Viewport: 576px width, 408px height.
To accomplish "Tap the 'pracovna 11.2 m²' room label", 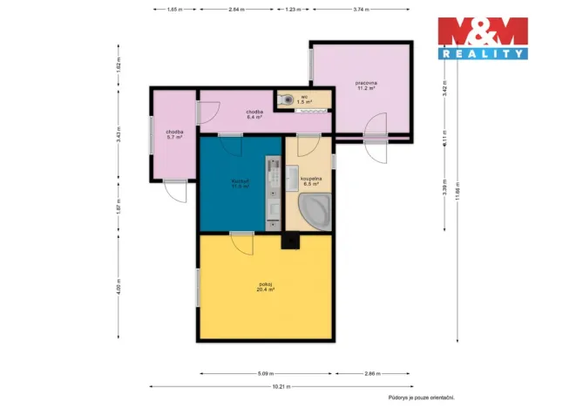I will tap(365, 86).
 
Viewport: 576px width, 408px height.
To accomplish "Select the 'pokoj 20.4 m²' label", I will tap(266, 287).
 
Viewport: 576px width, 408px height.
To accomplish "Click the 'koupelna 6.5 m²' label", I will tap(311, 180).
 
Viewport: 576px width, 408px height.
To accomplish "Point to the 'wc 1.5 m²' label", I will tap(304, 99).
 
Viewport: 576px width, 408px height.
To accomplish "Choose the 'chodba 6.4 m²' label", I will tap(254, 114).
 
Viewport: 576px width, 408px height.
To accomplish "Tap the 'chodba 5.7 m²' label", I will tap(175, 134).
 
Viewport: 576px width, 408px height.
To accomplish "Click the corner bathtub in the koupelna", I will tap(313, 212).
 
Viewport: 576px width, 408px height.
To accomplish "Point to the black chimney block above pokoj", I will tap(287, 243).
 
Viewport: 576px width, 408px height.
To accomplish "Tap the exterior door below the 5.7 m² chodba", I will tap(177, 190).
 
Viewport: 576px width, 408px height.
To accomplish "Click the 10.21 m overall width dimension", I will tap(278, 385).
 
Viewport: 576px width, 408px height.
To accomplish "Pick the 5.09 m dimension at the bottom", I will tap(266, 373).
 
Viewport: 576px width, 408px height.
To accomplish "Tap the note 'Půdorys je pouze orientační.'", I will tap(422, 397).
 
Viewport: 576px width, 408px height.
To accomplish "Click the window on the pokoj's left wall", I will tap(197, 287).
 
